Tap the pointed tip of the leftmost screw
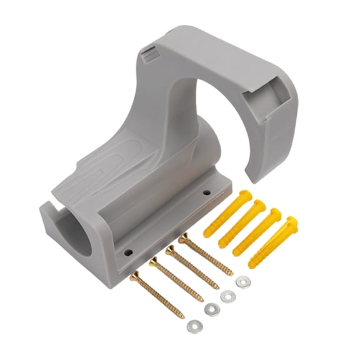pyautogui.click(x=184, y=318)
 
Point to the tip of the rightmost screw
pyautogui.click(x=232, y=274)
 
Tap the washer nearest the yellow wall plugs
pyautogui.click(x=242, y=282)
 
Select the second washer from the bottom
pyautogui.click(x=212, y=309)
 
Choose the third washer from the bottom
pyautogui.click(x=226, y=296)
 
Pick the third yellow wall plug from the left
pyautogui.click(x=257, y=232)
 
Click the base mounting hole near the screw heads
pyautogui.click(x=129, y=253)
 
